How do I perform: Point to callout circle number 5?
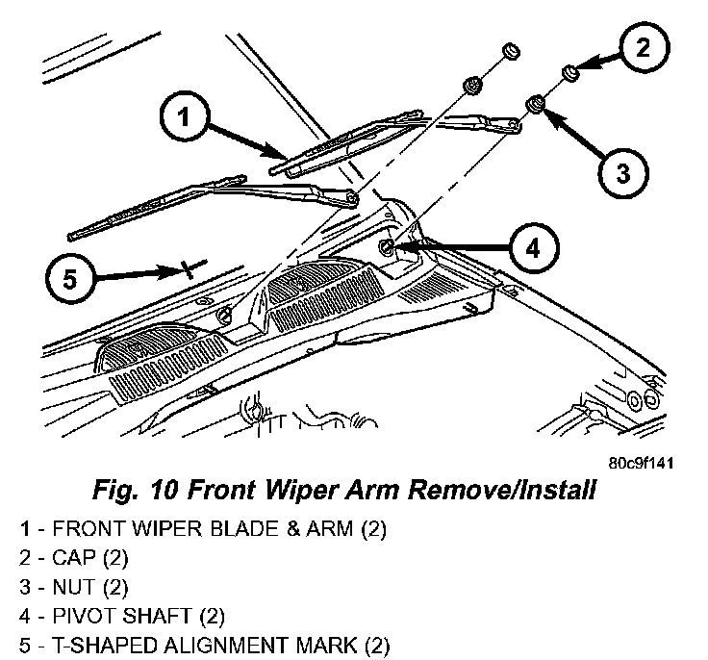68,279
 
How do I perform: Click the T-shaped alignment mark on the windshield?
190,267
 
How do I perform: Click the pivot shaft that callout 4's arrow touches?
387,248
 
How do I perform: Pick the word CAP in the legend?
74,557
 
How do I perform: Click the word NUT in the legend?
74,586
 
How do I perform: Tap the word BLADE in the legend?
210,528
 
